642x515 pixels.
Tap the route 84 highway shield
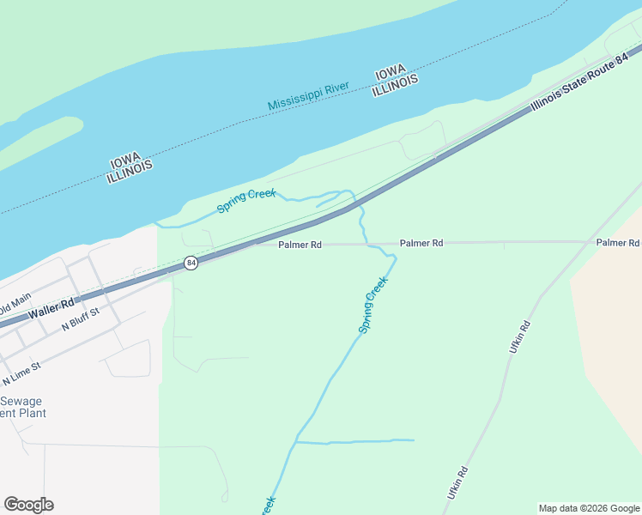coord(191,263)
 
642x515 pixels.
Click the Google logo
coord(28,505)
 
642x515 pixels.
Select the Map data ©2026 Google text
coord(589,508)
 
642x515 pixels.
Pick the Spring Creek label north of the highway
coord(246,200)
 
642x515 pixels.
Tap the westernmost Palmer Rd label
coord(300,245)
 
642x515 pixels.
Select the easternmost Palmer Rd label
coord(617,243)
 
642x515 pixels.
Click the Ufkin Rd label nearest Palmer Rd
coord(520,337)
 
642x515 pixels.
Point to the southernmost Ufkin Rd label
coord(457,482)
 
